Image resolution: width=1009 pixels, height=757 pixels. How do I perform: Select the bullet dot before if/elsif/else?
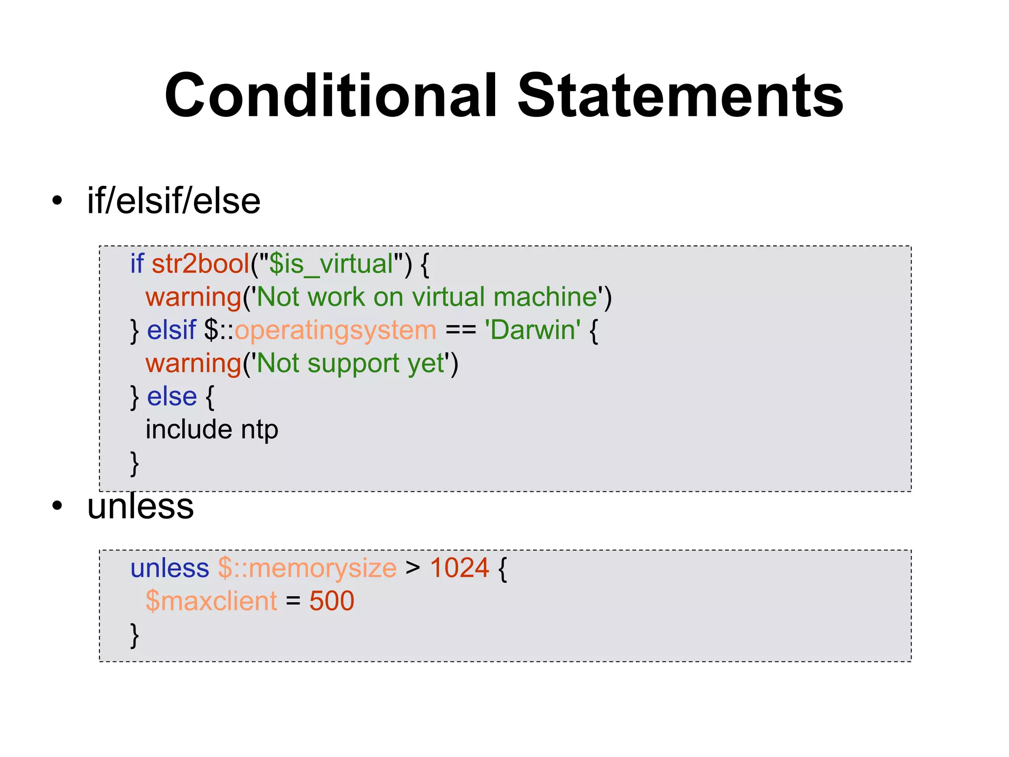tap(58, 201)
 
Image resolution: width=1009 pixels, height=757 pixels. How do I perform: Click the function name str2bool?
tap(201, 264)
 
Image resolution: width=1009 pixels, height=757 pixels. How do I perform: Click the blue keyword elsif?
tap(171, 330)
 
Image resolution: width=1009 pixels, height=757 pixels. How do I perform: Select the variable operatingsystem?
tap(335, 331)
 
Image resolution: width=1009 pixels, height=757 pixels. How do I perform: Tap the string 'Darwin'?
tap(532, 330)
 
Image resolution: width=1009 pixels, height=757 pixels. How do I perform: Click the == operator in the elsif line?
tap(460, 331)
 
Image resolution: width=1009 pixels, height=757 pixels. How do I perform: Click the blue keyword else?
tap(172, 396)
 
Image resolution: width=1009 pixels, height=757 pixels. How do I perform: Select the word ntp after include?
tap(259, 430)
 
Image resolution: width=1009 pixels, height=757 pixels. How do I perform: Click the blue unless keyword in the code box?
tap(169, 568)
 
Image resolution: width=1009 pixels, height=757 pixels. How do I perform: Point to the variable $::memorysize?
tap(307, 568)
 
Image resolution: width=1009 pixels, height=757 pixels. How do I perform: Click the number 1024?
tap(459, 568)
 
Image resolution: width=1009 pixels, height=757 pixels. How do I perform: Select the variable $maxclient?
tap(211, 601)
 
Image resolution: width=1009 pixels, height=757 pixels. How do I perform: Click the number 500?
tap(332, 601)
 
